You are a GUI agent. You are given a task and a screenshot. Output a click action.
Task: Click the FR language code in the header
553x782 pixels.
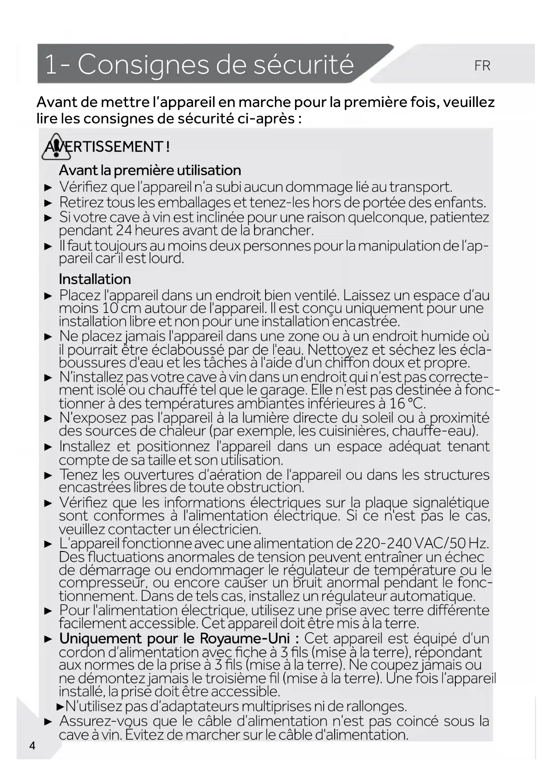482,66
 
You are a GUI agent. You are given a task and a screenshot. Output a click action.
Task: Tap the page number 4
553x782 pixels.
32,745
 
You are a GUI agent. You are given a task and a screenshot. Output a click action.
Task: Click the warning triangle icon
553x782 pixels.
56,147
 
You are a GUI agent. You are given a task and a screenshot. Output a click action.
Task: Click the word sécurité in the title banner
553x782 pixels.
303,65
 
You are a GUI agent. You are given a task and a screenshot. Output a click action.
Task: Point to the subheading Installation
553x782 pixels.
95,279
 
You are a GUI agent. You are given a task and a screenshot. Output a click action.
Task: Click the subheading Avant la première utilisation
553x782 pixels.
150,170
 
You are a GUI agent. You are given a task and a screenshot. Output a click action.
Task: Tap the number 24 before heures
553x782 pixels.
124,230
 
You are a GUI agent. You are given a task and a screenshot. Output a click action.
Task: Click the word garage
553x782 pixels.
283,390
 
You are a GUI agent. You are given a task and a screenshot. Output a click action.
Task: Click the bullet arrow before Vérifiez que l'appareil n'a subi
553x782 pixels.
49,188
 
